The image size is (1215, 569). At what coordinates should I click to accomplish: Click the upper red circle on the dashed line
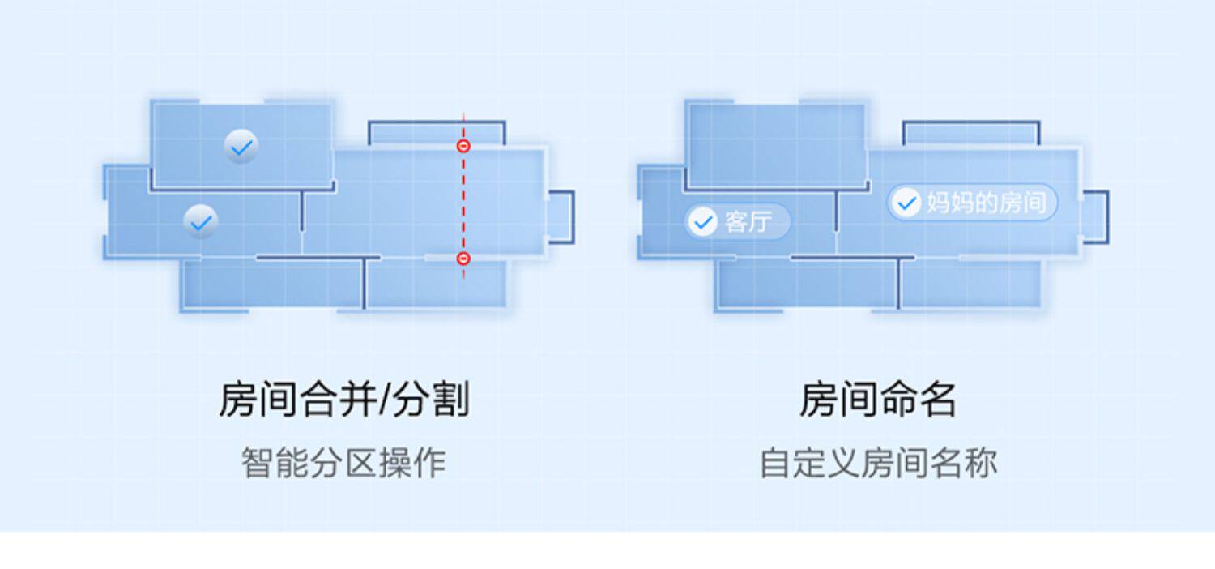(x=463, y=146)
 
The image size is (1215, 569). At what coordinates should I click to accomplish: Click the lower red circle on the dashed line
(x=463, y=259)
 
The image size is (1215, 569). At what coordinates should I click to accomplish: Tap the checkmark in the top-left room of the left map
(x=241, y=147)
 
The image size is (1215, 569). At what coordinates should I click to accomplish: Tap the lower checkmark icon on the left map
(x=200, y=221)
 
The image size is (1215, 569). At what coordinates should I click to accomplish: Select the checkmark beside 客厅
(x=702, y=221)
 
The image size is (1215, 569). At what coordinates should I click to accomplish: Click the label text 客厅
(x=747, y=221)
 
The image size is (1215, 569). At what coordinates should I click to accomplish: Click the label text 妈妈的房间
(x=987, y=202)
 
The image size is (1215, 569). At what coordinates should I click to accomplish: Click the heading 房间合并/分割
(x=344, y=400)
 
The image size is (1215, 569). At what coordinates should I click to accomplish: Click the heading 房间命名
(x=878, y=400)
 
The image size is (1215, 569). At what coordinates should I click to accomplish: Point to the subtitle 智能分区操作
(x=343, y=463)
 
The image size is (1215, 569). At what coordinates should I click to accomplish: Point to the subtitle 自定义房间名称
(x=878, y=463)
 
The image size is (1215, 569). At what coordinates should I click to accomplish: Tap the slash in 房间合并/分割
(x=386, y=400)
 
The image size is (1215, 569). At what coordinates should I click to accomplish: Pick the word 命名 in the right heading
(x=918, y=400)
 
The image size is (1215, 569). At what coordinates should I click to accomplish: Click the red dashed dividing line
(x=463, y=203)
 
